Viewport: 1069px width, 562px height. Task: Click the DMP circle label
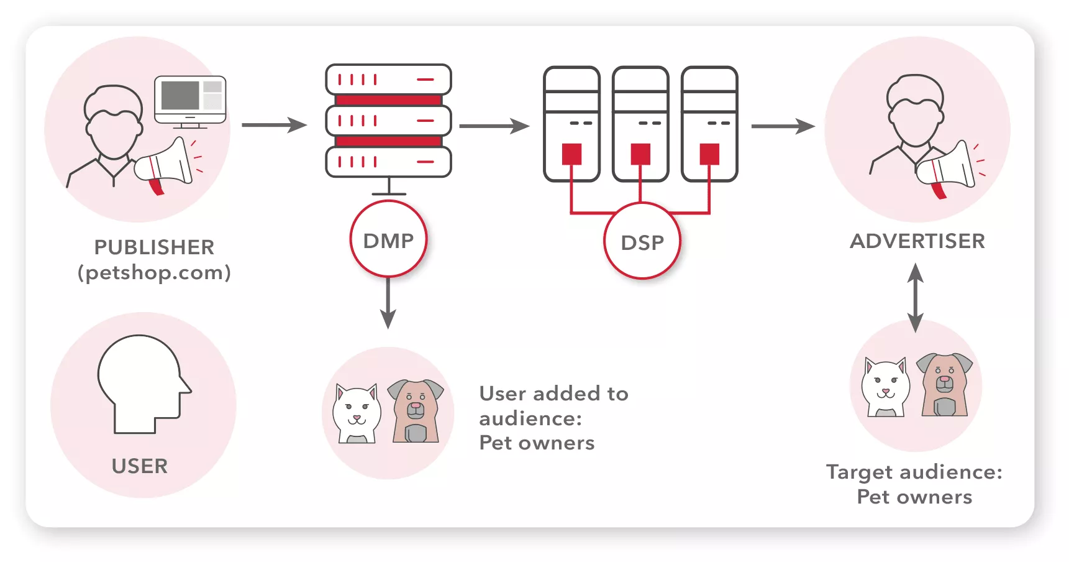pyautogui.click(x=388, y=241)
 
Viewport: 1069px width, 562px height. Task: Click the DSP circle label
pyautogui.click(x=642, y=242)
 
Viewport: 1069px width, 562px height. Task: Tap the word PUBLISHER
pyautogui.click(x=154, y=247)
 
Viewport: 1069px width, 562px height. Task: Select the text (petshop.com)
pyautogui.click(x=154, y=272)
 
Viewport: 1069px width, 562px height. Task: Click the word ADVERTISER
pyautogui.click(x=917, y=241)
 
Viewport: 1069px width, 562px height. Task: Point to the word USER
pyautogui.click(x=140, y=466)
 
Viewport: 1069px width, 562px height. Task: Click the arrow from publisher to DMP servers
pyautogui.click(x=273, y=125)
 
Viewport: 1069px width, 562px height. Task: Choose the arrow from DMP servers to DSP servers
pyautogui.click(x=494, y=126)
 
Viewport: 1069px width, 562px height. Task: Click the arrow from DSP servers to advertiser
pyautogui.click(x=783, y=126)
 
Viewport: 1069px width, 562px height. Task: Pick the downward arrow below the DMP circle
pyautogui.click(x=388, y=305)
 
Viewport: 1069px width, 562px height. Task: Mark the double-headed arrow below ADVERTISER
pyautogui.click(x=915, y=298)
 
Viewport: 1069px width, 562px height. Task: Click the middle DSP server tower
pyautogui.click(x=640, y=124)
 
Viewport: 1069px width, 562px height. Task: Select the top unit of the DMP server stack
pyautogui.click(x=388, y=80)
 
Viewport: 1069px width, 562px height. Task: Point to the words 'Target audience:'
pyautogui.click(x=914, y=472)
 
